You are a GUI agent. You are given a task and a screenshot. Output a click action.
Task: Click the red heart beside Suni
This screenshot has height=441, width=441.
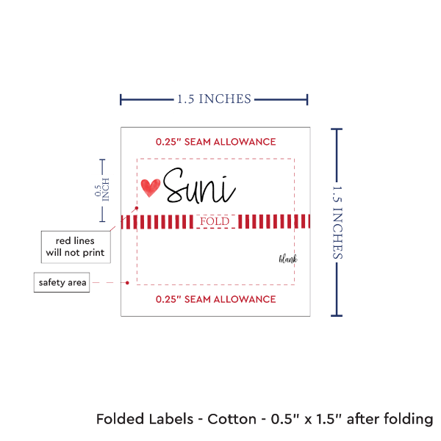click(x=150, y=188)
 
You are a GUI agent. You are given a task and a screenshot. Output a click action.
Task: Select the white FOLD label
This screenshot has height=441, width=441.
click(x=215, y=221)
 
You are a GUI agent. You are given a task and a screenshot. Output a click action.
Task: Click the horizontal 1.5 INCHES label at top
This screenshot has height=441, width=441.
click(x=214, y=98)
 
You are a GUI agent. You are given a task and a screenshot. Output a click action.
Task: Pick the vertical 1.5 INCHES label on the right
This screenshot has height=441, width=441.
click(x=339, y=222)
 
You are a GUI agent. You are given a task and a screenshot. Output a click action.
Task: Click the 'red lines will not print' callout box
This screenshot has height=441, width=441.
click(x=74, y=246)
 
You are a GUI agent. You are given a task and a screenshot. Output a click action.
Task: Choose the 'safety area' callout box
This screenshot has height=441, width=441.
click(x=62, y=282)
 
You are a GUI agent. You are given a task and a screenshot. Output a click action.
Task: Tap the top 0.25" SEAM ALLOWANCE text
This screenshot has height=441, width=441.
click(x=215, y=141)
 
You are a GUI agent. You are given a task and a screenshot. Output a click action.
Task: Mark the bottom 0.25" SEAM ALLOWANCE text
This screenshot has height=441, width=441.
click(x=215, y=299)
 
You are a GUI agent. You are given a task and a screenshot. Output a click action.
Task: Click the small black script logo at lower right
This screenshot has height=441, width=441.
click(x=287, y=259)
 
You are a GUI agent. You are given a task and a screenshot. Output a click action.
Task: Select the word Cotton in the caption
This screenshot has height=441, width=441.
click(x=232, y=420)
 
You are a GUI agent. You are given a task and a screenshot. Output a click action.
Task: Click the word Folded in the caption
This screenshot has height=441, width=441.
click(x=120, y=420)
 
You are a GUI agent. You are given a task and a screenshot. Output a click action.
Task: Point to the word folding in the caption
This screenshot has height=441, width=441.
click(x=406, y=420)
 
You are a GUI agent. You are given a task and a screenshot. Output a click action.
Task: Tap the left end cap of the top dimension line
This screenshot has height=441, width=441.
click(x=121, y=98)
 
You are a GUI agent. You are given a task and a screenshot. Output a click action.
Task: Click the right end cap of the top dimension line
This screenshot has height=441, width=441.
click(x=307, y=98)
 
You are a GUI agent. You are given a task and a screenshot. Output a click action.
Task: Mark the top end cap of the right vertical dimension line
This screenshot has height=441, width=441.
click(x=337, y=129)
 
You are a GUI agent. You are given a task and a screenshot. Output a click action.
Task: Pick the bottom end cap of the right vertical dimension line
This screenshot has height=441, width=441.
click(x=337, y=315)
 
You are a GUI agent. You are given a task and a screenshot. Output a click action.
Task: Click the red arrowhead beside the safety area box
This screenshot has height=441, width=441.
click(x=126, y=282)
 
